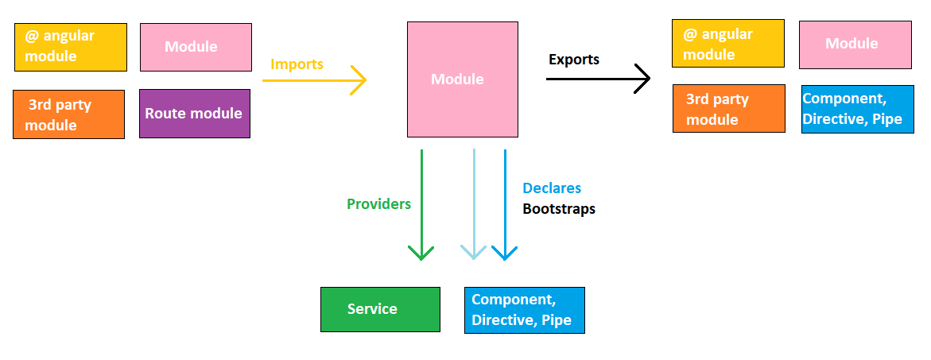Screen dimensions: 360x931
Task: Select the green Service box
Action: pos(380,309)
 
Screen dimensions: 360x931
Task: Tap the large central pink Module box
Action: pos(456,79)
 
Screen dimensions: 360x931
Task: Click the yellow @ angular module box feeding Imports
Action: pos(70,47)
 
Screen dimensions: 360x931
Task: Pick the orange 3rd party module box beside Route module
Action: pos(68,114)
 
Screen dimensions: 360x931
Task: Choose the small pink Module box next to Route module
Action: pos(196,47)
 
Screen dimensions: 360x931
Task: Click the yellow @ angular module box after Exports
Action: pos(727,45)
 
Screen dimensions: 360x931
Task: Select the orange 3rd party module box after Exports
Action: pos(728,108)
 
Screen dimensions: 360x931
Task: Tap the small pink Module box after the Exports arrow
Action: pos(855,45)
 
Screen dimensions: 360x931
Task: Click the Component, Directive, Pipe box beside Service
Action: pos(524,310)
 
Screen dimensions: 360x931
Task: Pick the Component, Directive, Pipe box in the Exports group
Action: pos(857,109)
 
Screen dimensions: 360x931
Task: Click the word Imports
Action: pos(297,64)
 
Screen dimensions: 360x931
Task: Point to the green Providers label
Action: pos(378,203)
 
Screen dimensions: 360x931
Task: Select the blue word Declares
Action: pos(551,188)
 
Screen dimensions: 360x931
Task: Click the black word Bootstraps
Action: pos(558,209)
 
